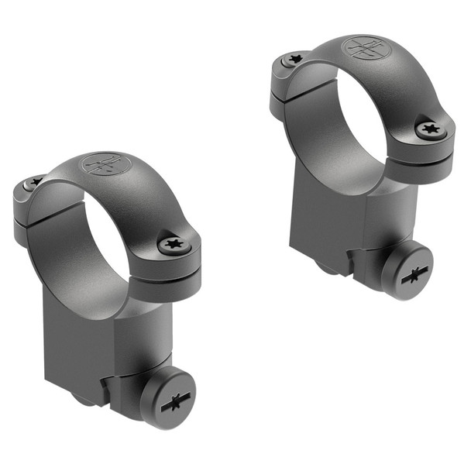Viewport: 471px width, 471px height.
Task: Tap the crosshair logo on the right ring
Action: click(364, 47)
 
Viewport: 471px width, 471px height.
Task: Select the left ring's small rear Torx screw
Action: click(35, 182)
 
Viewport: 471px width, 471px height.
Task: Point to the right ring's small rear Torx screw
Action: click(294, 59)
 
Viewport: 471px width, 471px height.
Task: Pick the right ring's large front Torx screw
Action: click(431, 130)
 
